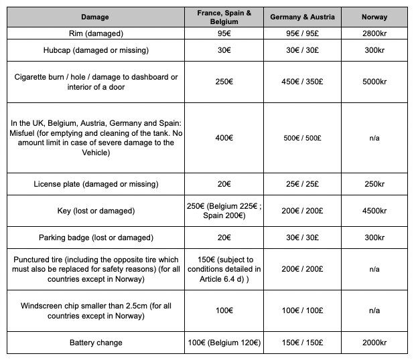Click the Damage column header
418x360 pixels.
pyautogui.click(x=95, y=17)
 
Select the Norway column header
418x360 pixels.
pyautogui.click(x=374, y=17)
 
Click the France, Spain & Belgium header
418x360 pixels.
pyautogui.click(x=224, y=17)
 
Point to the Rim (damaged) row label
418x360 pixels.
pyautogui.click(x=95, y=33)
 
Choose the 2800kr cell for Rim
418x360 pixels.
pyautogui.click(x=374, y=33)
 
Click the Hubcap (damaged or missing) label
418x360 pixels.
pyautogui.click(x=95, y=50)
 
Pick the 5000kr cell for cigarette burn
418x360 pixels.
pyautogui.click(x=374, y=82)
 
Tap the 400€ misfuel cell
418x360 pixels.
pyautogui.click(x=224, y=138)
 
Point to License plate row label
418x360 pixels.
pyautogui.click(x=95, y=184)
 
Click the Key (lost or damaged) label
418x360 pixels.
pyautogui.click(x=95, y=211)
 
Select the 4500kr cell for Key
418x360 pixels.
pyautogui.click(x=374, y=211)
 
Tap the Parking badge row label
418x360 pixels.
pyautogui.click(x=95, y=238)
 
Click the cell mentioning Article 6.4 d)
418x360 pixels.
pyautogui.click(x=224, y=269)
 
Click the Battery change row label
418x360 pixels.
pyautogui.click(x=95, y=343)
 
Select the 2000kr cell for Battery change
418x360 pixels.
pyautogui.click(x=374, y=343)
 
